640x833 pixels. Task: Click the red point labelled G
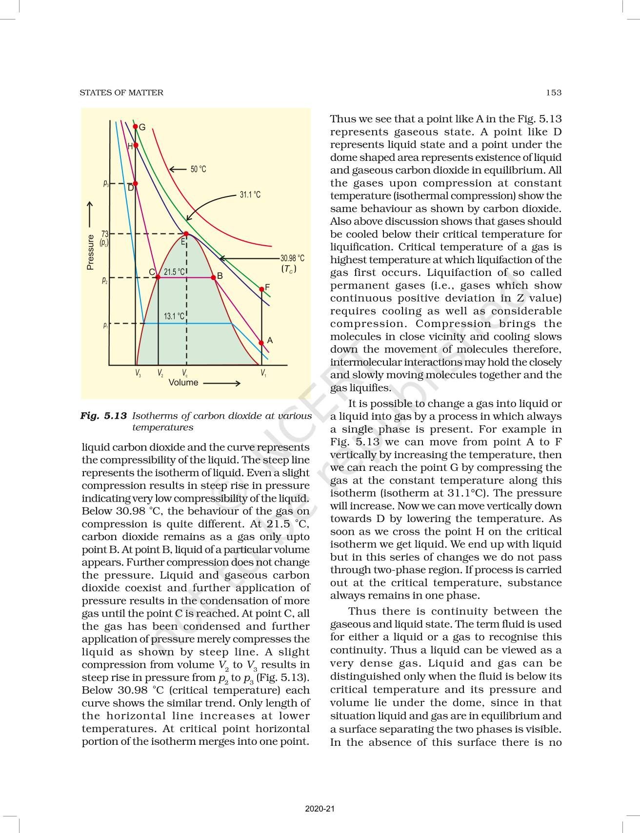pos(136,127)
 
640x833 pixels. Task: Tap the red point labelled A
pos(261,343)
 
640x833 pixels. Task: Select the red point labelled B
pos(213,277)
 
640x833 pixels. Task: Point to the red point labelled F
pos(262,289)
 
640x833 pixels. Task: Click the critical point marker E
pos(186,234)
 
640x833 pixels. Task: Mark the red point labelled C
pos(158,277)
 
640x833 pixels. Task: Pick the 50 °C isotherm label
pos(198,169)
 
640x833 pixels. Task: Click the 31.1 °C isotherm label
pos(250,194)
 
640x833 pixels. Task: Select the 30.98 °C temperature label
pos(292,258)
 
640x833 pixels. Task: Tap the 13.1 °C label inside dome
pos(174,316)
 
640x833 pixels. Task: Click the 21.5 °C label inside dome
pos(174,272)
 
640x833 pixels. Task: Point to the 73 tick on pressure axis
pos(104,234)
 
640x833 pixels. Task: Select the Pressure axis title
pos(90,252)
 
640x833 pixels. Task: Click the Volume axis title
pos(183,383)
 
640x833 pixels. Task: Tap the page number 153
pos(554,93)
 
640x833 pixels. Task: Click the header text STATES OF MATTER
pos(121,93)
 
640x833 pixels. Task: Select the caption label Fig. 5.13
pos(103,416)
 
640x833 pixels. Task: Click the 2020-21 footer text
pos(320,809)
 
